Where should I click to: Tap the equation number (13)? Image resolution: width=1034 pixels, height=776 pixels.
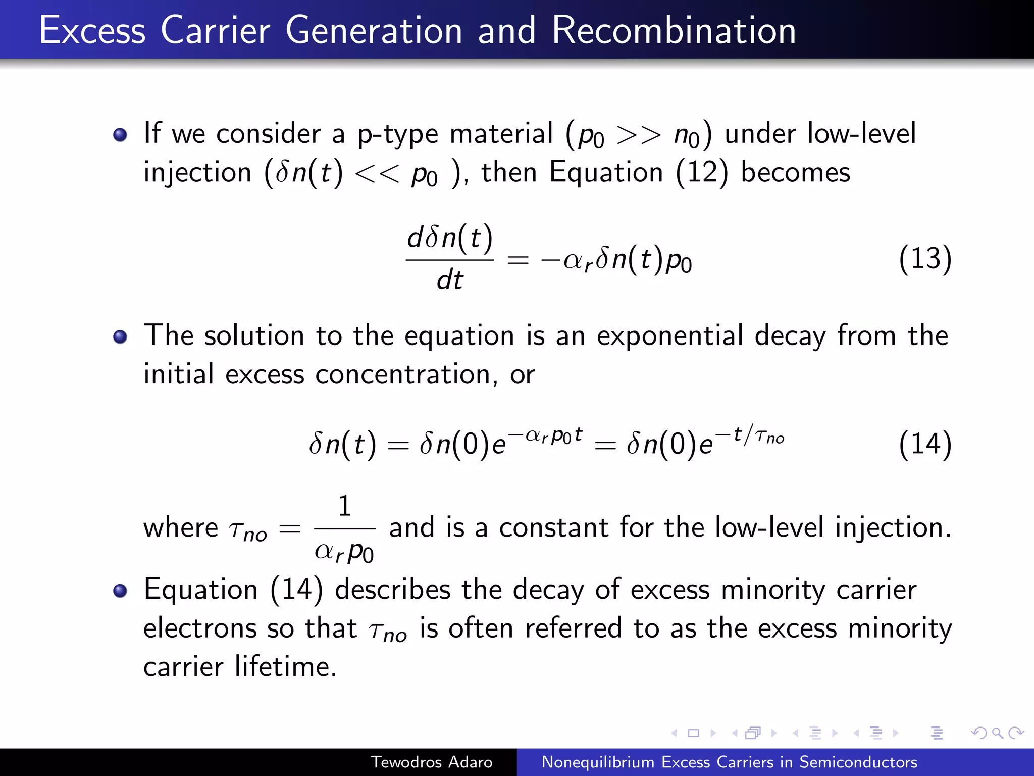(925, 258)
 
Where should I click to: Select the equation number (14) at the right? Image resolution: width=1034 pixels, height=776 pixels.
(925, 444)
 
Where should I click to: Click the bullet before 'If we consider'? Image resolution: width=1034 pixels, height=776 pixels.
(120, 135)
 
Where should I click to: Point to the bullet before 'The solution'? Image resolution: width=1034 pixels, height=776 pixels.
(120, 336)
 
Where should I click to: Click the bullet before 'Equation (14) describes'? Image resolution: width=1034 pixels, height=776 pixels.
(120, 591)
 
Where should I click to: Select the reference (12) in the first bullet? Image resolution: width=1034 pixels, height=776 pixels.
(702, 172)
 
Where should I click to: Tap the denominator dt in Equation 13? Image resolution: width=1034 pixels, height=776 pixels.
(449, 280)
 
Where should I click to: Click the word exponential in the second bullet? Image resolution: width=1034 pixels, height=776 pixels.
(669, 335)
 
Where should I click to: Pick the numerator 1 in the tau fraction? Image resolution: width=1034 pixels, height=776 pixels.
(344, 506)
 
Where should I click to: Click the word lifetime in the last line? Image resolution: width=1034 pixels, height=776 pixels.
(285, 666)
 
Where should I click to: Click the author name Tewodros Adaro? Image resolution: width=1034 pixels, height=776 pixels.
(431, 762)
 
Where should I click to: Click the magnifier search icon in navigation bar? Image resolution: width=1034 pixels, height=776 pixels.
(997, 733)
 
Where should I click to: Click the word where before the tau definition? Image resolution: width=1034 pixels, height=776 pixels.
(180, 528)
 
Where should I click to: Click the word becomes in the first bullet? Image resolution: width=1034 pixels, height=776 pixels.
(795, 172)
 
